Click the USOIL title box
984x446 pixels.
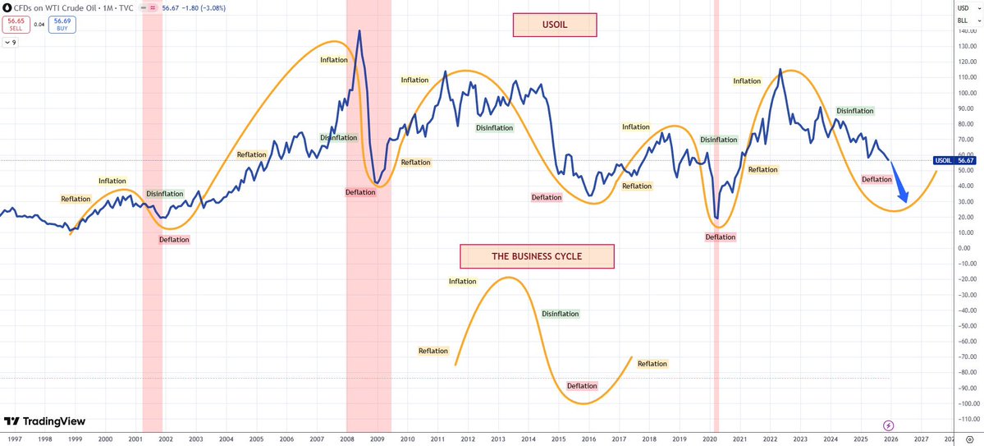coord(554,25)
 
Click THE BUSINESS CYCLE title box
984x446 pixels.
coord(537,256)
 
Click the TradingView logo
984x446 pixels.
coord(44,421)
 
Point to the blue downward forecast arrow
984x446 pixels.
coord(900,186)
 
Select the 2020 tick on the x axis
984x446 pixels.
coord(709,439)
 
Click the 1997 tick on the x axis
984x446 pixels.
coord(14,439)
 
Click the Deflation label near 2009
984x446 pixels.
coord(360,192)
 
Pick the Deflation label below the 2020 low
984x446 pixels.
coord(721,237)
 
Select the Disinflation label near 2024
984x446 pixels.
coord(854,111)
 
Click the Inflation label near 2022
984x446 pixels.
coord(747,81)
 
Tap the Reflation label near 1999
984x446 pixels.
coord(76,199)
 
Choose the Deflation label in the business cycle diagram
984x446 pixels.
coord(582,386)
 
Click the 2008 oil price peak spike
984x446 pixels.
coord(359,33)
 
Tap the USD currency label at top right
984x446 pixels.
coord(963,7)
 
